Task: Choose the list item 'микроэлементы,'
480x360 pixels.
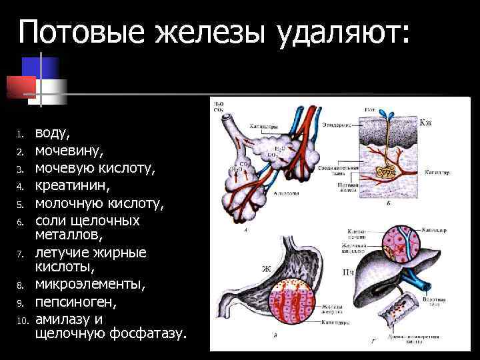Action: (x=89, y=285)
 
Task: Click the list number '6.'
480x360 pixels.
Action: (x=21, y=221)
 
